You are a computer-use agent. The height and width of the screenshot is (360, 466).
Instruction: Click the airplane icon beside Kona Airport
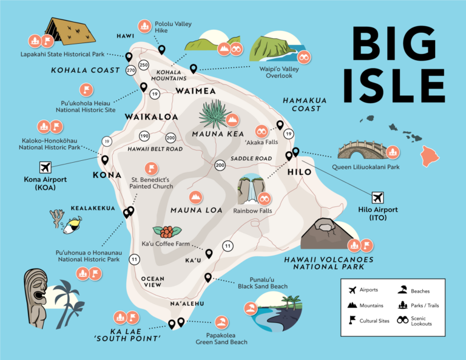coord(45,167)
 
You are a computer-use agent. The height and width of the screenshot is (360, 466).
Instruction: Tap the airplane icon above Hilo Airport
coord(378,197)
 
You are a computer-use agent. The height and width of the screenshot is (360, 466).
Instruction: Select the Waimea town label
coord(195,91)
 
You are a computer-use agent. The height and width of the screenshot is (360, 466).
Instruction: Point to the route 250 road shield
coord(144,64)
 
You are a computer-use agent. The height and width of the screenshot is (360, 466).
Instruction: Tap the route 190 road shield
coord(144,136)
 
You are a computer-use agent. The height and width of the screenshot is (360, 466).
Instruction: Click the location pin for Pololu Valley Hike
coord(161,49)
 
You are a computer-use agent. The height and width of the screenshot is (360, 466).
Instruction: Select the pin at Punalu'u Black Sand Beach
coord(208,277)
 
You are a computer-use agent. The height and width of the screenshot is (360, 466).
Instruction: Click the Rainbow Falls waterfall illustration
coord(249,189)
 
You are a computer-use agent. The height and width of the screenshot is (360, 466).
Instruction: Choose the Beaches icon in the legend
coord(402,291)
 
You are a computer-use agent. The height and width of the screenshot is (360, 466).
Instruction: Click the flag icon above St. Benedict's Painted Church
coord(150,168)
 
